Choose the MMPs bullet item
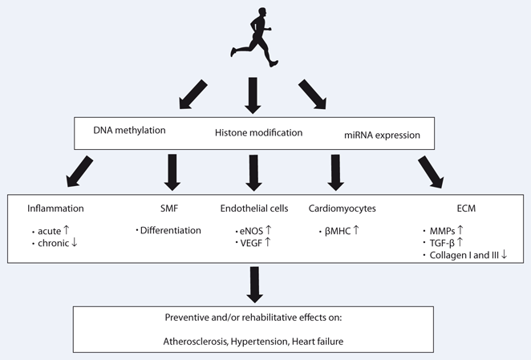[x=448, y=230]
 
